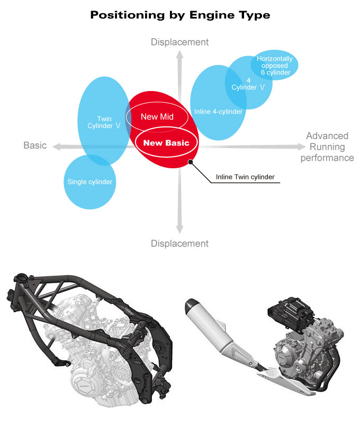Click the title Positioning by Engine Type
pos(180,15)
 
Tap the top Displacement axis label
pos(180,42)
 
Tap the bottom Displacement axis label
pos(180,244)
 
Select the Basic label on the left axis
pos(35,146)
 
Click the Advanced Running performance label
pos(327,147)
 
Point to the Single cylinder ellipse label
pos(90,182)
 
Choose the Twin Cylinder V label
pos(103,122)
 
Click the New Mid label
pos(157,116)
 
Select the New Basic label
pos(166,142)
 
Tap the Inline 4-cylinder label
pos(218,112)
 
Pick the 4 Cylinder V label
pos(249,84)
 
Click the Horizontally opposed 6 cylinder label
pos(275,66)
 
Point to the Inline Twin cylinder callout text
pos(245,177)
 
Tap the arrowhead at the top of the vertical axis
pos(180,53)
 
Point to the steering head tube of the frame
pos(22,279)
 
